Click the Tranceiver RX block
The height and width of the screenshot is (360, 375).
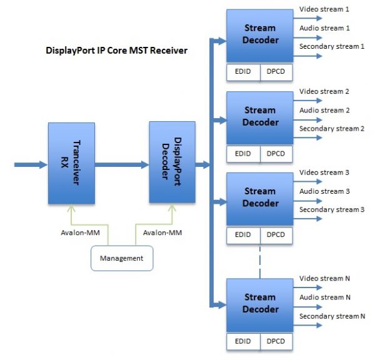coord(72,163)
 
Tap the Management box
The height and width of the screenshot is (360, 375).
coord(122,257)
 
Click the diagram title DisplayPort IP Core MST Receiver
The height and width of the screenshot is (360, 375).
coord(117,50)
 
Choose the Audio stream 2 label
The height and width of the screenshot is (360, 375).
coord(322,111)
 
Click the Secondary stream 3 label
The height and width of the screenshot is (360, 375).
coord(331,209)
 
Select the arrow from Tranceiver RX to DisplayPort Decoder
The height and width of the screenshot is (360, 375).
coord(122,165)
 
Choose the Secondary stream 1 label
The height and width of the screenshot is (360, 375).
coord(331,47)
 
